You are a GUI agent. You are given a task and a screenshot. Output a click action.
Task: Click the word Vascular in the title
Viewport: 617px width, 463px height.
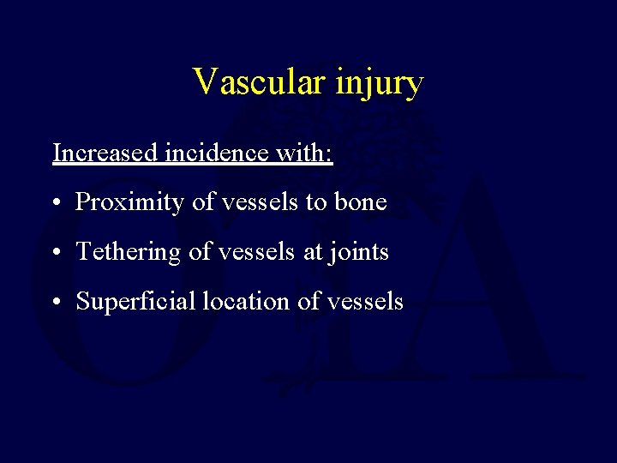point(250,82)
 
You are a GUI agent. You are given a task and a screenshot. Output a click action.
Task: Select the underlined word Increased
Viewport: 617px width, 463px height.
point(104,153)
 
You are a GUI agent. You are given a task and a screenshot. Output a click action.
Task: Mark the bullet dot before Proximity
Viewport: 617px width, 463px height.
point(56,204)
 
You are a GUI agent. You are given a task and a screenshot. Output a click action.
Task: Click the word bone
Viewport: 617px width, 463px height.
point(363,202)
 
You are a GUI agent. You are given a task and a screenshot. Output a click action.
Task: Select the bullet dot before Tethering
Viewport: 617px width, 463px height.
point(56,254)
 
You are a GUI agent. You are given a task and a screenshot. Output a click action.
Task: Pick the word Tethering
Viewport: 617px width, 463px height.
point(122,253)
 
